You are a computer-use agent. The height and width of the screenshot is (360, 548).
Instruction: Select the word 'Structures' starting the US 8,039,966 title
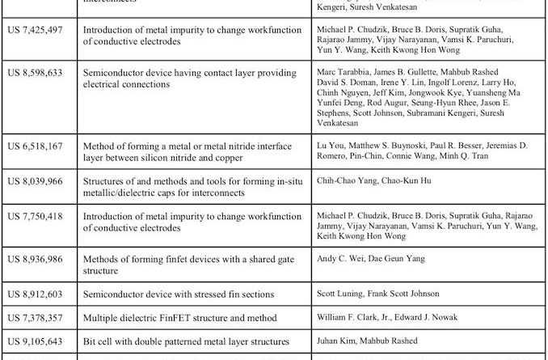click(105, 182)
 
